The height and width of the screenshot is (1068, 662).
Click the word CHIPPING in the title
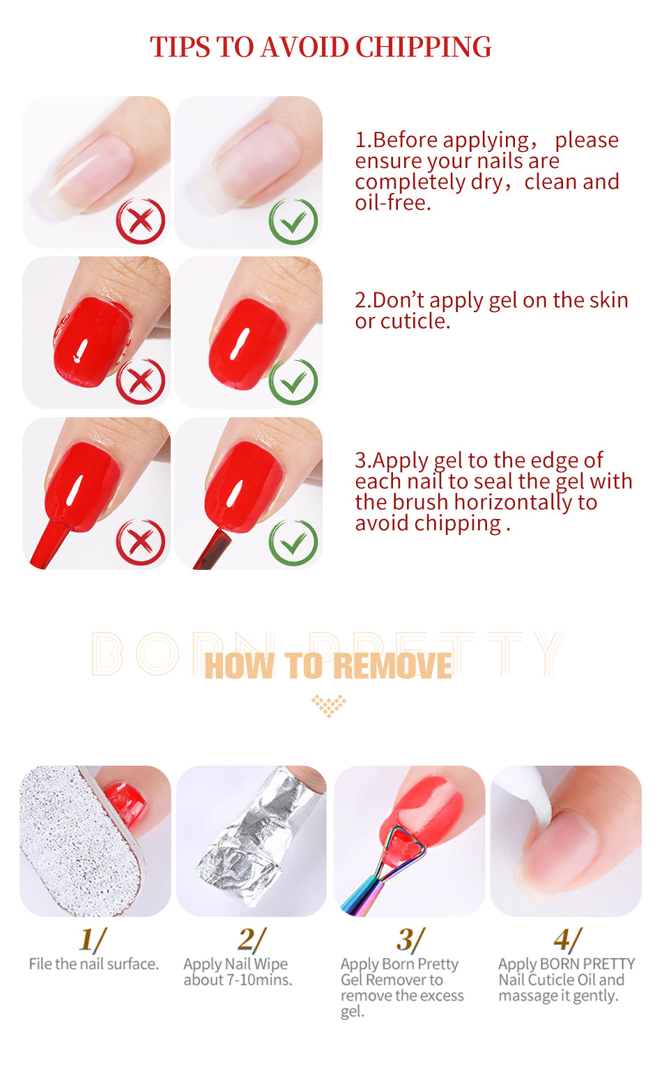423,47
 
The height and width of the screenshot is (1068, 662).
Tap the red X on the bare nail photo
141,222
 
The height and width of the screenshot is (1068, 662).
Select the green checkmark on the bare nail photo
293,222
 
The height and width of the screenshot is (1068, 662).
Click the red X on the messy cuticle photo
141,381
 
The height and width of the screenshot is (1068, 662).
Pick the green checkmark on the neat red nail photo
293,381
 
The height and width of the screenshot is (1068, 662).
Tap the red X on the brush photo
141,542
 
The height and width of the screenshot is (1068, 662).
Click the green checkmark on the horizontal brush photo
293,542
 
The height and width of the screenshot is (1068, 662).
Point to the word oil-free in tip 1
393,203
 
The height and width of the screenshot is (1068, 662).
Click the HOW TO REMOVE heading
328,666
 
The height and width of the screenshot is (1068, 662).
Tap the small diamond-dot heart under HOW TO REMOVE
328,705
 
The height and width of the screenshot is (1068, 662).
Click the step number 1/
92,940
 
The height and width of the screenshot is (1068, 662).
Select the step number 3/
410,940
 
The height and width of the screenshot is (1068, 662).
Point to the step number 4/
567,940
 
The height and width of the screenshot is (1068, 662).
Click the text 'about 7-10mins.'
238,980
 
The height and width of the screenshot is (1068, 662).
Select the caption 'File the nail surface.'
93,964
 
